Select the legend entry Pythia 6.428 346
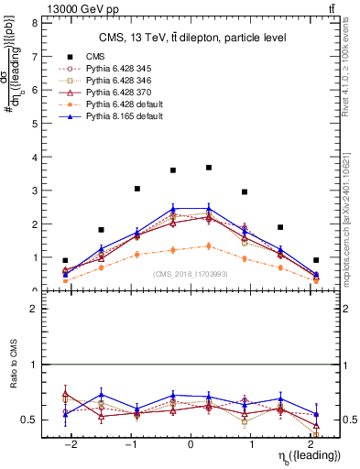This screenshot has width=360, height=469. (x=115, y=81)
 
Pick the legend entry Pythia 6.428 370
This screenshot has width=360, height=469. (x=115, y=93)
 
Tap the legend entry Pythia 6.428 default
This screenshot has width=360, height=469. (x=119, y=104)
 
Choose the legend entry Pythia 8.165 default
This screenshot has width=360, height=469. (x=119, y=116)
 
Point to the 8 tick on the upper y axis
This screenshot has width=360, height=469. (x=38, y=23)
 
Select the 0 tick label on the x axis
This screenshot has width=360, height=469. (x=191, y=444)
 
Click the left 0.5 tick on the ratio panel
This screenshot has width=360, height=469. (x=33, y=420)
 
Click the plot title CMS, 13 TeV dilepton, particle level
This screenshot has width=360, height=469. (x=192, y=38)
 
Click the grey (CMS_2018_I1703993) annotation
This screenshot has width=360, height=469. (x=191, y=273)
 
